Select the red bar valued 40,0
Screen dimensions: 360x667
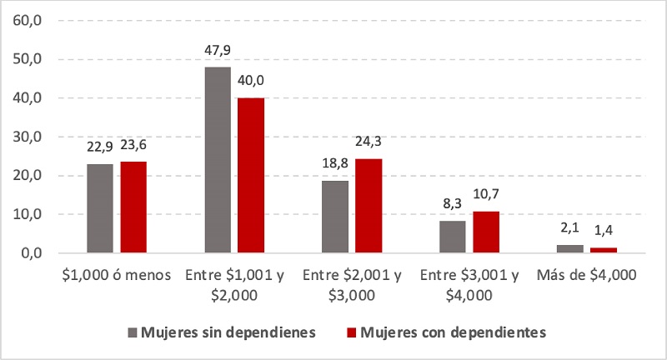(250, 175)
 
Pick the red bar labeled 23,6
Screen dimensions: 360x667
(133, 207)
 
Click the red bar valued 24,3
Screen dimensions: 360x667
(368, 206)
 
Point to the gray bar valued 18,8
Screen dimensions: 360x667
(334, 217)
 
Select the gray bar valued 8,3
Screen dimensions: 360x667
(452, 237)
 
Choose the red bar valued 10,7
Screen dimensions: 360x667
(485, 232)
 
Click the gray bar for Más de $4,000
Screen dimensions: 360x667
(569, 248)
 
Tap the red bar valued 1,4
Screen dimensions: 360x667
(603, 250)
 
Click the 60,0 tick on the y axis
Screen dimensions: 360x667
(28, 21)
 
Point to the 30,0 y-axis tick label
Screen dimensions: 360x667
(28, 137)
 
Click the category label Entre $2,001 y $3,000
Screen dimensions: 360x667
(351, 283)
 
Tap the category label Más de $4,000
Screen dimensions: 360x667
(586, 275)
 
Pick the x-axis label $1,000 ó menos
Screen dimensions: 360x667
(117, 275)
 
